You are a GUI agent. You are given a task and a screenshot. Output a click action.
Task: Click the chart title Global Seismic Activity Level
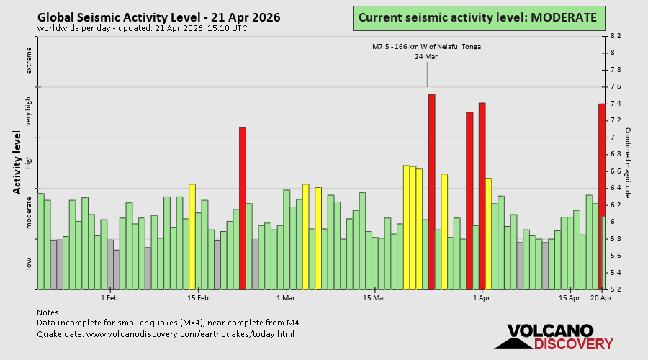159,17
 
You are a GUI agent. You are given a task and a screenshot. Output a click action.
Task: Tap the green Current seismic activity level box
477,17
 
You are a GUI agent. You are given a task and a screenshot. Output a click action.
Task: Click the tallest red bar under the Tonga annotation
431,192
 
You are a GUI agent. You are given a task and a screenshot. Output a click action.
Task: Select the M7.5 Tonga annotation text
426,47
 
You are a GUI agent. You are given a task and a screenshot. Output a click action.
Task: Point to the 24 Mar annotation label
426,57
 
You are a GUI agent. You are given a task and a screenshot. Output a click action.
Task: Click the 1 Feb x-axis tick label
109,297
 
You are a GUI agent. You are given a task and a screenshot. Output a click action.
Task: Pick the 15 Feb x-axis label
198,297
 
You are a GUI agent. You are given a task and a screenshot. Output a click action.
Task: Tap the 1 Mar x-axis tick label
286,297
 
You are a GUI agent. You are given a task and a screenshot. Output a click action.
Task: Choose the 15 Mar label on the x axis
374,297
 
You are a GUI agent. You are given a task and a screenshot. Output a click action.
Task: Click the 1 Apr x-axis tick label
482,297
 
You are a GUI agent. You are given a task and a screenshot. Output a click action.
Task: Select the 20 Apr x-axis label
601,297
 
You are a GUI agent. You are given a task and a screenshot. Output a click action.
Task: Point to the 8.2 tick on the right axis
616,35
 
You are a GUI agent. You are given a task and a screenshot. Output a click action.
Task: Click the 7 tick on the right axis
613,138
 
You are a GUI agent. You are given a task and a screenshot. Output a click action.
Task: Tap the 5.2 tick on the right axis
616,289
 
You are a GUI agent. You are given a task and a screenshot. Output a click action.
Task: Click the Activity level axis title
17,162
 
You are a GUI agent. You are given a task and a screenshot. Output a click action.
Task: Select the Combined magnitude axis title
627,163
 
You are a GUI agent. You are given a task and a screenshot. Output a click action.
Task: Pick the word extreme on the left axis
30,60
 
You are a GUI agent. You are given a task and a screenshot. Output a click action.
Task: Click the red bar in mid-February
243,208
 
